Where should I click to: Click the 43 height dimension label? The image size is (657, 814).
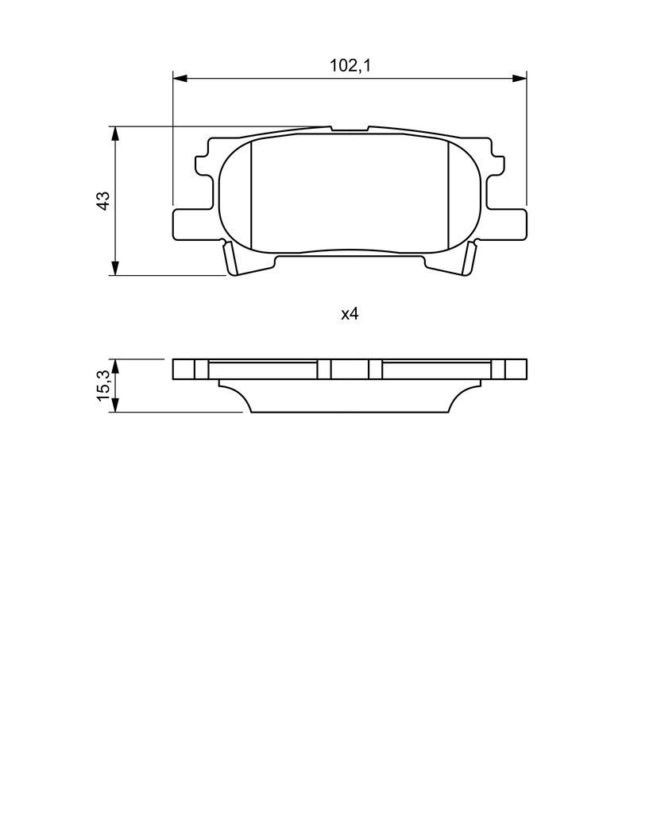pyautogui.click(x=104, y=200)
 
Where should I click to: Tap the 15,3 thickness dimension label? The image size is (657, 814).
pyautogui.click(x=104, y=385)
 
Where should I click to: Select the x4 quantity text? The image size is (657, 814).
pyautogui.click(x=350, y=314)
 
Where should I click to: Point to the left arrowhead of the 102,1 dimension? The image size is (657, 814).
pyautogui.click(x=180, y=79)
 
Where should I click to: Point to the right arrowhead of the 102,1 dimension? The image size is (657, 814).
pyautogui.click(x=519, y=79)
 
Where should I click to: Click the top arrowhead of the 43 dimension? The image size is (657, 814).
pyautogui.click(x=115, y=133)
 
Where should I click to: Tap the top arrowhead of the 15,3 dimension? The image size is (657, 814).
pyautogui.click(x=115, y=366)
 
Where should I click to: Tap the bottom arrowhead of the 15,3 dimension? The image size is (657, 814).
pyautogui.click(x=115, y=405)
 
